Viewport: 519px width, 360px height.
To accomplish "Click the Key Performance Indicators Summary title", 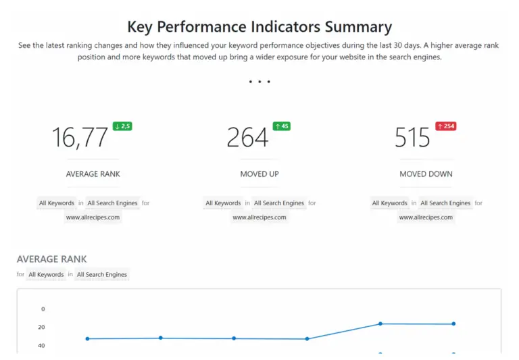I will point(259,27).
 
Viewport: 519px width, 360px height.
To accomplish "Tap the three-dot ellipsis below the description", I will point(259,82).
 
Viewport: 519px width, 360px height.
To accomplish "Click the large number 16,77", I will point(80,138).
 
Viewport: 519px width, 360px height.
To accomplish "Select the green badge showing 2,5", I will point(122,126).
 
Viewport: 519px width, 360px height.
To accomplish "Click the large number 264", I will point(247,138).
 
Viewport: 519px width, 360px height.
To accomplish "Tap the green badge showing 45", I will point(281,126).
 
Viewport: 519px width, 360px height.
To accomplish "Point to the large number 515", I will point(412,138).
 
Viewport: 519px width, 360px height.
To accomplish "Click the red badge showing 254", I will point(445,126).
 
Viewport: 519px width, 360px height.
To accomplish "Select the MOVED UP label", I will point(259,174).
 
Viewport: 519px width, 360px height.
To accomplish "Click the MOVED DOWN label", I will point(426,174).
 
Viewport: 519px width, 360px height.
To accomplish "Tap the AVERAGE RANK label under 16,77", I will point(93,174).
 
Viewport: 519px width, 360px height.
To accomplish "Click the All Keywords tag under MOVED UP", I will point(223,203).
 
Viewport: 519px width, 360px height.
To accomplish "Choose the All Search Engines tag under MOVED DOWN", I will point(445,203).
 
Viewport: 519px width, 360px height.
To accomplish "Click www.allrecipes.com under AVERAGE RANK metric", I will point(93,217).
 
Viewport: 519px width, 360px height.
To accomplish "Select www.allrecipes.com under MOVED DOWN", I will point(426,217).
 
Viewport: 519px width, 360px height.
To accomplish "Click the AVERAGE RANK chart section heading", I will point(51,259).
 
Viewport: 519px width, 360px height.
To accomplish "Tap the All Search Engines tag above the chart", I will point(102,275).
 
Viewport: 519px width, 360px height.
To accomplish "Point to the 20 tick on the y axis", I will point(42,328).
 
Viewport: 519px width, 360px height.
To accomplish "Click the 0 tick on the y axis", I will point(43,309).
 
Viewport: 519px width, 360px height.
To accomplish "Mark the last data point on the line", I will point(453,324).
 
